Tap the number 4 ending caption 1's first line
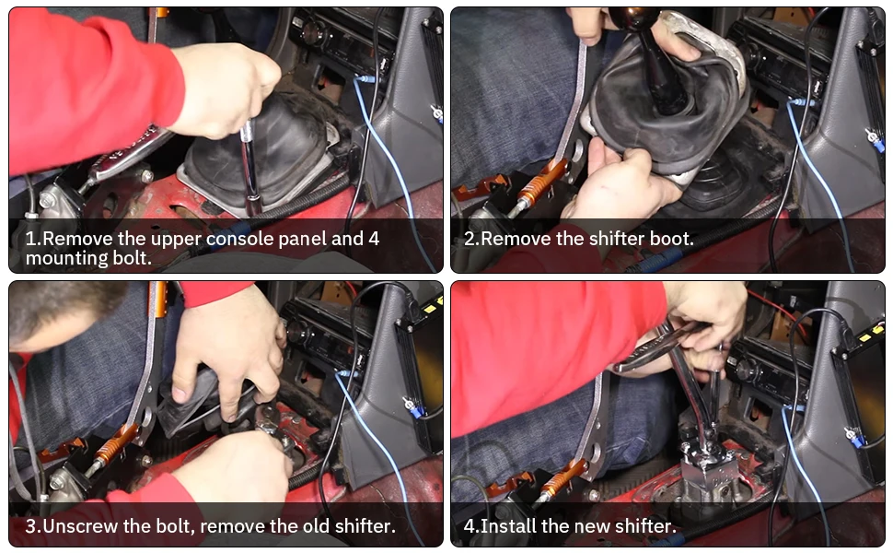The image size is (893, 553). (x=374, y=239)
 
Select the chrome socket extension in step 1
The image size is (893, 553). (x=250, y=165)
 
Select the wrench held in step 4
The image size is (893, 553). (x=655, y=347)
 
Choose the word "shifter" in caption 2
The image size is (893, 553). (x=616, y=239)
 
